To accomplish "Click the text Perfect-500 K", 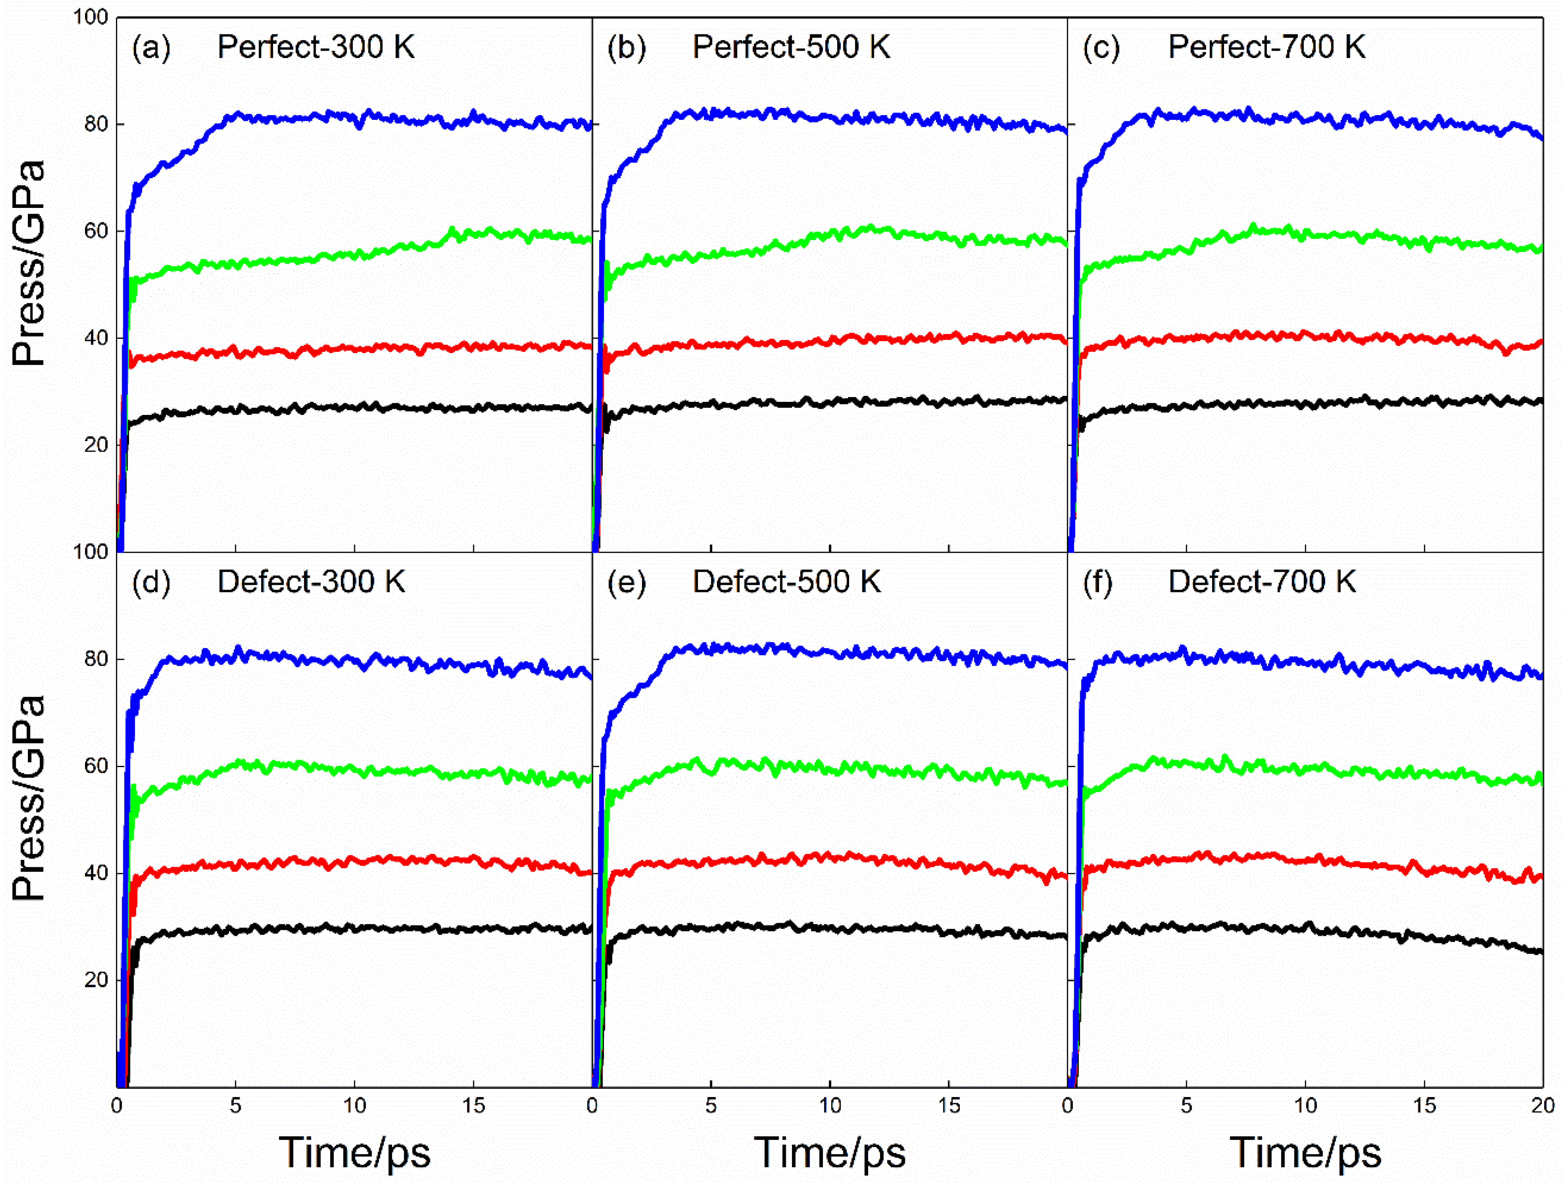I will click(x=791, y=48).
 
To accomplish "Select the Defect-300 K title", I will click(x=311, y=582).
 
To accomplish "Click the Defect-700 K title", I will click(x=1262, y=582).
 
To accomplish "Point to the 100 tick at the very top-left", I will click(x=90, y=17).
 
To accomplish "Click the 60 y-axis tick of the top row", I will click(x=96, y=231).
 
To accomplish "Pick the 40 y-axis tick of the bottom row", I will click(x=96, y=873).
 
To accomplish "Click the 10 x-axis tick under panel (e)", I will click(x=830, y=1105).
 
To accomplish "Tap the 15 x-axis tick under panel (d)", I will click(x=473, y=1105).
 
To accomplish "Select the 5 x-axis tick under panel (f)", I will click(x=1187, y=1105).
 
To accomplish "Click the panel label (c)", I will click(x=1102, y=48).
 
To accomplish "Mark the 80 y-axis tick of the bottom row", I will click(x=96, y=659).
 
